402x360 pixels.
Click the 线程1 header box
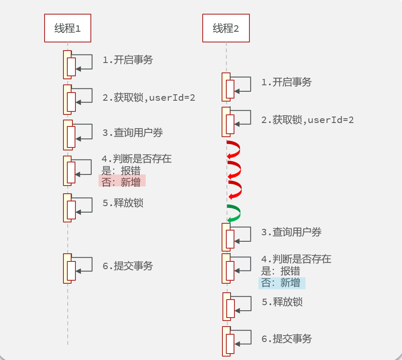[x=68, y=28]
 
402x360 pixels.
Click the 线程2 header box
[x=226, y=28]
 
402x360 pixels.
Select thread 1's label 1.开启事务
[x=128, y=60]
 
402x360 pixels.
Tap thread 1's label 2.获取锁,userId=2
[x=149, y=98]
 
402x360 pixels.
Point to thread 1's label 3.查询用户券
[x=132, y=133]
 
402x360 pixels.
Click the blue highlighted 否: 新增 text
[x=282, y=283]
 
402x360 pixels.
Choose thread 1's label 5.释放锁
[x=123, y=203]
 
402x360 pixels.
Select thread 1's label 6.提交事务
[x=128, y=266]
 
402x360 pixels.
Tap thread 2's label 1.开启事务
[x=286, y=82]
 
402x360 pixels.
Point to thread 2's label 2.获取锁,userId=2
[x=307, y=120]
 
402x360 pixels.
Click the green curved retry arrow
[x=234, y=213]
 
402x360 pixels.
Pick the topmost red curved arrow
[x=234, y=149]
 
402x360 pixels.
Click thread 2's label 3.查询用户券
[x=291, y=232]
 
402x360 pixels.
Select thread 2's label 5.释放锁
[x=282, y=302]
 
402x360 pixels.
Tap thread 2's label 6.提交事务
[x=287, y=339]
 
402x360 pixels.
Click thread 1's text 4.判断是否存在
[x=137, y=159]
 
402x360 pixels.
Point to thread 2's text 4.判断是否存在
[x=296, y=259]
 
